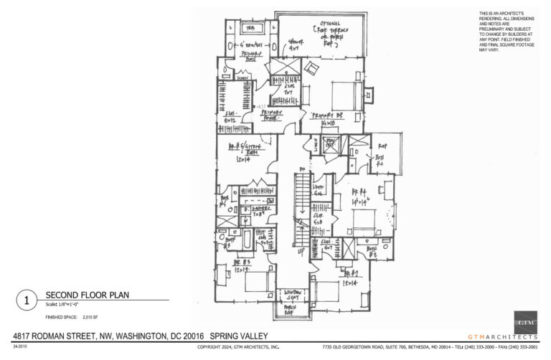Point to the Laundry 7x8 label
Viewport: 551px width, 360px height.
click(x=256, y=210)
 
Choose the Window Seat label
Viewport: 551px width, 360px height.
click(x=291, y=295)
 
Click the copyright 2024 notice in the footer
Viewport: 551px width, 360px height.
click(x=239, y=347)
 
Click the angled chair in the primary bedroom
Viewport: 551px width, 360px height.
click(x=314, y=68)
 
